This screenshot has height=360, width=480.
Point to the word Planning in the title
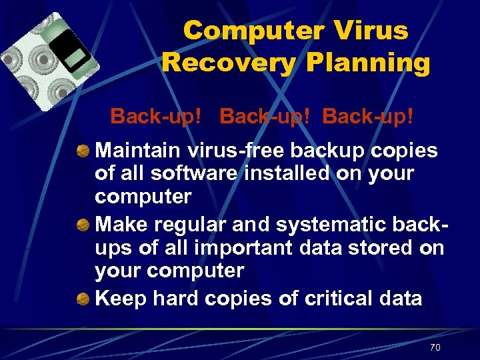pyautogui.click(x=367, y=63)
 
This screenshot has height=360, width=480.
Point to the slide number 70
pyautogui.click(x=435, y=347)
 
